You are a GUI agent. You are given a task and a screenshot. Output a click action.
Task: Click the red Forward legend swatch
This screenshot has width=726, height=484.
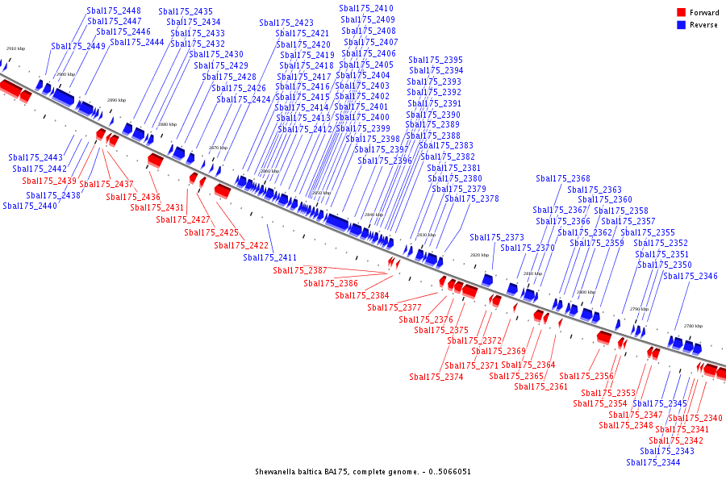tap(681, 12)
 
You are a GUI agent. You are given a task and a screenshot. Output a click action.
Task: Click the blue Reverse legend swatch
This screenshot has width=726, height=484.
tap(681, 25)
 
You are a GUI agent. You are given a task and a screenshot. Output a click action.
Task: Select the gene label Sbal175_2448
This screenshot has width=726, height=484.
tap(114, 11)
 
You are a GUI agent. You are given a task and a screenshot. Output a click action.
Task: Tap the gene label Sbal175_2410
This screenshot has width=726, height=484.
tap(367, 8)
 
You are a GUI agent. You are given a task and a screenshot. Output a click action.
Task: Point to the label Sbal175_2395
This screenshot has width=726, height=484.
tap(436, 60)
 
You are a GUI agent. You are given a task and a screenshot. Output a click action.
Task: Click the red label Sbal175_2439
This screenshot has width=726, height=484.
tap(49, 181)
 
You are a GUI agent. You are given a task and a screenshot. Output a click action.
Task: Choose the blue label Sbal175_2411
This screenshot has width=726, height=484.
tap(270, 257)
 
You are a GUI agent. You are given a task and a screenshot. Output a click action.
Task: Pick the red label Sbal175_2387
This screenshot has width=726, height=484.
tap(300, 270)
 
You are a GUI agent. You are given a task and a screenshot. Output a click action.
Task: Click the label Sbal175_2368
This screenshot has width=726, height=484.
tap(563, 178)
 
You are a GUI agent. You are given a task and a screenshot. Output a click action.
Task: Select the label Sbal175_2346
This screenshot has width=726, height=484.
tap(691, 276)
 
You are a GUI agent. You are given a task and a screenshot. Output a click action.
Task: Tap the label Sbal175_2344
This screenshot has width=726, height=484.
tap(653, 462)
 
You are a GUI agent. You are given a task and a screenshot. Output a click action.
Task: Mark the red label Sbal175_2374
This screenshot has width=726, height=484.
tap(436, 377)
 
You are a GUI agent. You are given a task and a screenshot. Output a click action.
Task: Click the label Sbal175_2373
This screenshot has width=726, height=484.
tap(497, 237)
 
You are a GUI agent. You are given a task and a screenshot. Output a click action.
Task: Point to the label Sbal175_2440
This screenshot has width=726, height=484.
tap(30, 206)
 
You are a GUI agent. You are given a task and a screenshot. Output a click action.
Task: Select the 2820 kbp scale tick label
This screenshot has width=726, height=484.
tap(480, 255)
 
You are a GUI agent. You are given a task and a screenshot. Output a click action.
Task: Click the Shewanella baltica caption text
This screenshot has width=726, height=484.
tap(363, 472)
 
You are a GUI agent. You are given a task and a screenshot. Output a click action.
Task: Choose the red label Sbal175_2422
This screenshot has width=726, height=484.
tap(241, 245)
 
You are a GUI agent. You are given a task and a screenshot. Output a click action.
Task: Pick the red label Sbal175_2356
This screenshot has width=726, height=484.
tap(586, 376)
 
